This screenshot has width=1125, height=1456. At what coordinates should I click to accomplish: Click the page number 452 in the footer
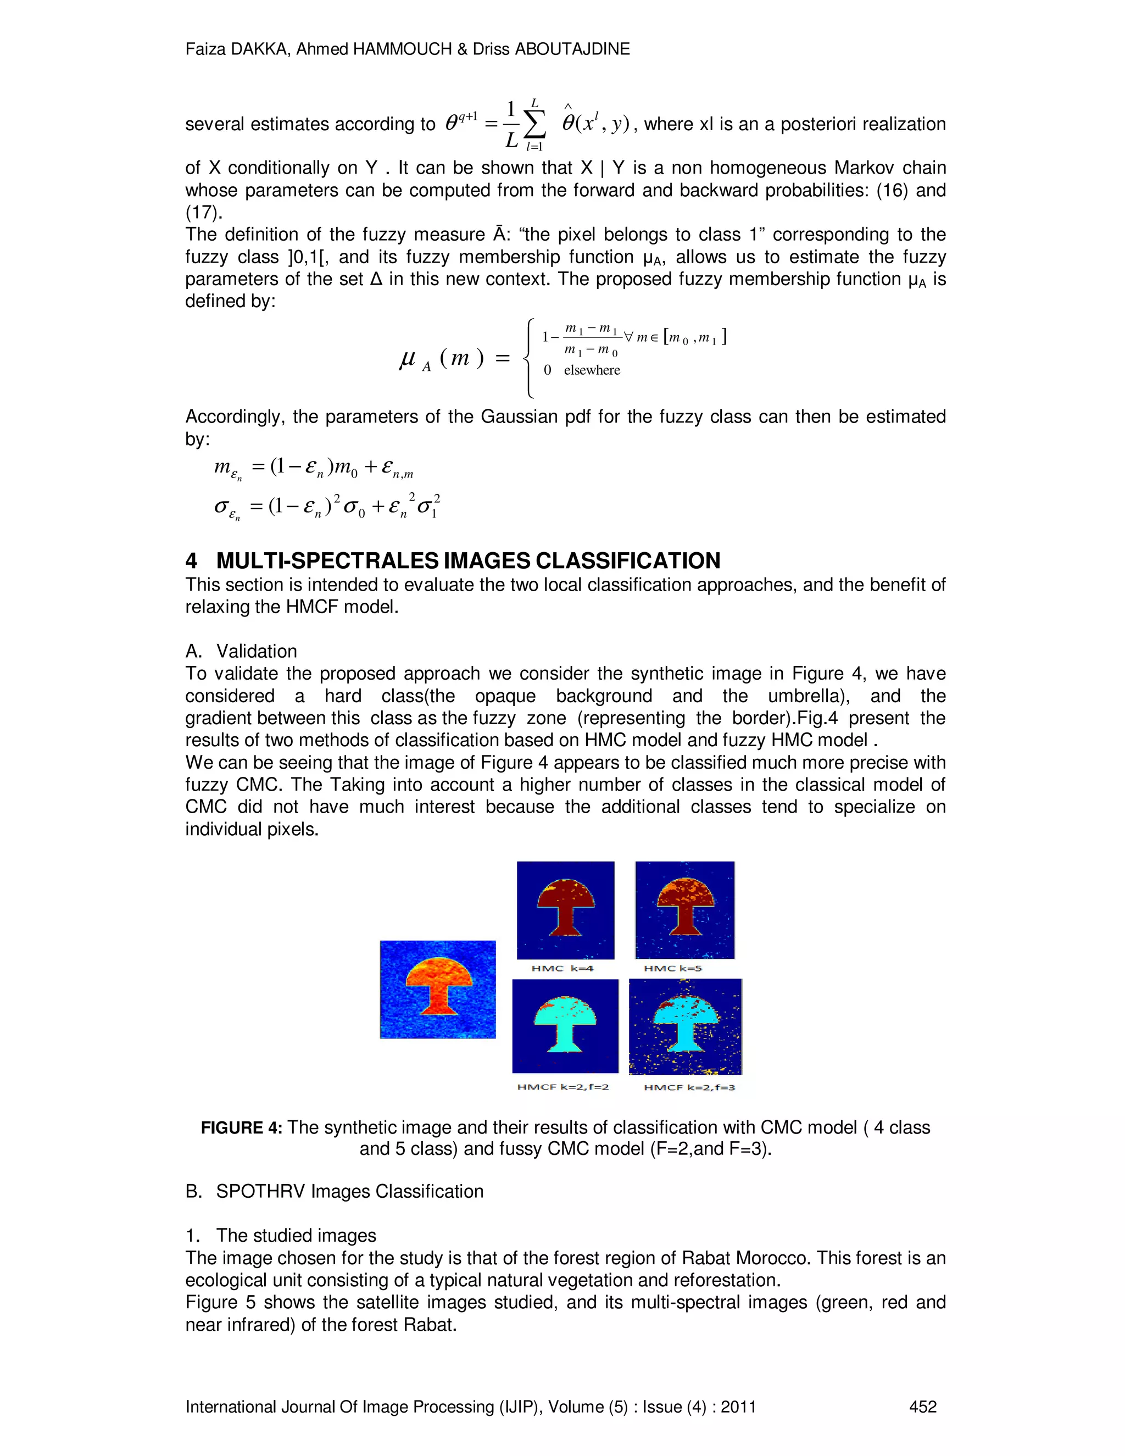tap(922, 1407)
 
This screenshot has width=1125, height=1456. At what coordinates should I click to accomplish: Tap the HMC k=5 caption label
tap(672, 968)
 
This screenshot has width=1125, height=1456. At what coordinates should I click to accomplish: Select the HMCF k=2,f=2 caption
tap(562, 1087)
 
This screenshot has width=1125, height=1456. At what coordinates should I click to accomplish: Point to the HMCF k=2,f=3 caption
tap(689, 1087)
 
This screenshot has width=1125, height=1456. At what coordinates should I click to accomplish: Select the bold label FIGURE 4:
tap(241, 1127)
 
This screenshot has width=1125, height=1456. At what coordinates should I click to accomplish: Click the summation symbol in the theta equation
tap(534, 123)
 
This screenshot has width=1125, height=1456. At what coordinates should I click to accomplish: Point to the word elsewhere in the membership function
tap(592, 370)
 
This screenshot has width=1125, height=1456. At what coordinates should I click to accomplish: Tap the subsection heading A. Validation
tap(241, 651)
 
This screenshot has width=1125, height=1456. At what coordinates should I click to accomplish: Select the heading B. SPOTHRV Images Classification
tap(335, 1191)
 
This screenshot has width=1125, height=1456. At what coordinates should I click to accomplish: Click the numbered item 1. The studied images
tap(281, 1235)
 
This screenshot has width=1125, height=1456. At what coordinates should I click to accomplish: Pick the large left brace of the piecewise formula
tap(529, 359)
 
